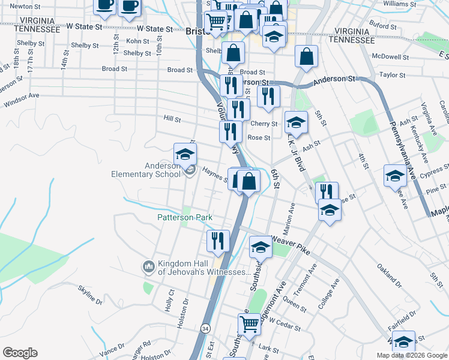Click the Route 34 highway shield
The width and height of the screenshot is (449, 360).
[x=206, y=329]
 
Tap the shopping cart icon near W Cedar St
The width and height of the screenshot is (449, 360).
[x=249, y=325]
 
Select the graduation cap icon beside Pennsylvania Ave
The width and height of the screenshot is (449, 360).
[x=395, y=175]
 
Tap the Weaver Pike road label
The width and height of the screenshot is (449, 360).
[x=291, y=245]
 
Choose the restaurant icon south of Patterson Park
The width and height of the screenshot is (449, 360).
[x=218, y=240]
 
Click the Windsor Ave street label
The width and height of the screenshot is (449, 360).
[x=22, y=96]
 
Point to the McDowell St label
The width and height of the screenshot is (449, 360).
[x=390, y=58]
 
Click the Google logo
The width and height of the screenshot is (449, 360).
[x=20, y=353]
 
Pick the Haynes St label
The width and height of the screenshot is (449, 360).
[x=214, y=173]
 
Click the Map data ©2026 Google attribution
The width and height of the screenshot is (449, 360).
[x=411, y=355]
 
